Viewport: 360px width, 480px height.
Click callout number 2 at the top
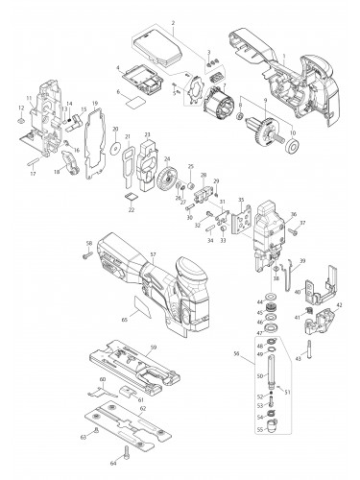pos(173,22)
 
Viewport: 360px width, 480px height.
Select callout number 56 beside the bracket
pos(252,354)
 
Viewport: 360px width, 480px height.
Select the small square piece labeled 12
pos(20,123)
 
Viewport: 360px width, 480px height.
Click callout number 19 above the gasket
pos(95,103)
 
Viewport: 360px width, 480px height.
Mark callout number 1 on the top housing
pos(283,57)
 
